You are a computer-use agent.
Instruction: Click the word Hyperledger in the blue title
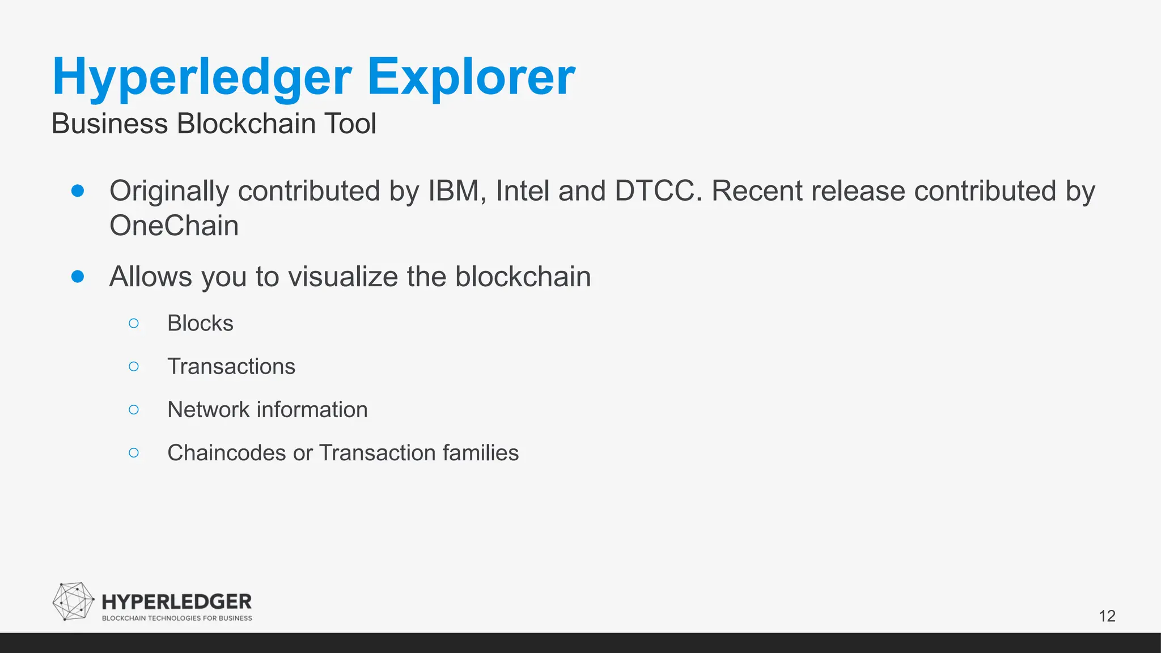coord(202,78)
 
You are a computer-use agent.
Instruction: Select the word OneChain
coord(174,226)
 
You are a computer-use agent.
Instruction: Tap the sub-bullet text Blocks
coord(200,323)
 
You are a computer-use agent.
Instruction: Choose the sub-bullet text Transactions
coord(231,366)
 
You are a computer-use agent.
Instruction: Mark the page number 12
coord(1107,616)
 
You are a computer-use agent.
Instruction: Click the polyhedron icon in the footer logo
coord(73,601)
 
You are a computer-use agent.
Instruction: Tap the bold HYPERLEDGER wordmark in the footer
coord(176,602)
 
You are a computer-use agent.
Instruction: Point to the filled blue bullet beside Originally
coord(78,190)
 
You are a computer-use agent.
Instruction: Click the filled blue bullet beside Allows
coord(78,277)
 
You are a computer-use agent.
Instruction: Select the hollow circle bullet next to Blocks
coord(134,323)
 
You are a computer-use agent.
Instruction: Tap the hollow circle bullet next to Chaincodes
coord(134,452)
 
